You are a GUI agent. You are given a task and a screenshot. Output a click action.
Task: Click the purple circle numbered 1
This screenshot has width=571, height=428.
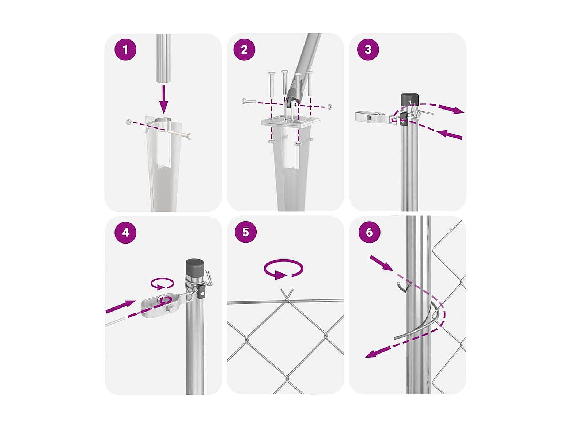tap(125, 49)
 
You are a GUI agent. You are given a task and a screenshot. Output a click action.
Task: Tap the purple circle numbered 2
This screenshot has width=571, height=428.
tap(244, 49)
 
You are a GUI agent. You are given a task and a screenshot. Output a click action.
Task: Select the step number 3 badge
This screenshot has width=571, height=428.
tap(368, 49)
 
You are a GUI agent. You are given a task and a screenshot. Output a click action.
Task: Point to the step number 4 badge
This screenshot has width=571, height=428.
tap(125, 232)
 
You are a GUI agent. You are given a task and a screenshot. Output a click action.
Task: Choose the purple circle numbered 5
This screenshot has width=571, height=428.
tap(245, 232)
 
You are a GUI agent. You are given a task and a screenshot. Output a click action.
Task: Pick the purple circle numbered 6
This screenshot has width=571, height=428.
tap(369, 232)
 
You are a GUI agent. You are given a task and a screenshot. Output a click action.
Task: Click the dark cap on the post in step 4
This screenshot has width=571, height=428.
tap(195, 269)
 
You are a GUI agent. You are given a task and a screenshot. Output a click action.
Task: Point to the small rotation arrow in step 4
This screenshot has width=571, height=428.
tap(162, 284)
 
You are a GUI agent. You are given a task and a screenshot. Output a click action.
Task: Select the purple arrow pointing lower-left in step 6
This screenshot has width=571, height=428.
tap(380, 352)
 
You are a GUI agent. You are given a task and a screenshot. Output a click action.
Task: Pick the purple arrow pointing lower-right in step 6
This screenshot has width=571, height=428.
tap(381, 263)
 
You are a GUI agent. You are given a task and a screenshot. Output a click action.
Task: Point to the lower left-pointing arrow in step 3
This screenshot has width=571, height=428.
tap(450, 135)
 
